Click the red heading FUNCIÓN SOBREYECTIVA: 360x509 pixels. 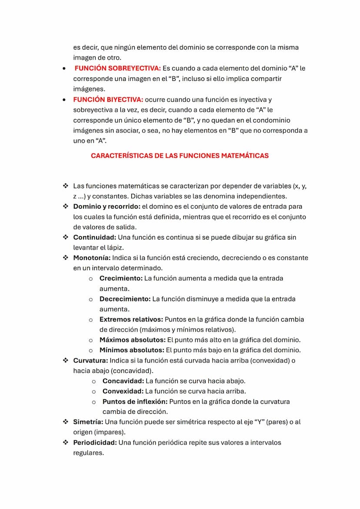[117, 68]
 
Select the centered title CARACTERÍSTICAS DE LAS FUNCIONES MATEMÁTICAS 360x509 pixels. [180, 156]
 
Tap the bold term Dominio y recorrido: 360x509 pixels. [107, 206]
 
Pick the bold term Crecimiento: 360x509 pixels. [121, 278]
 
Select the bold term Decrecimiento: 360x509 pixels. [125, 299]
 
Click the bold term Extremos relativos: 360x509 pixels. [131, 319]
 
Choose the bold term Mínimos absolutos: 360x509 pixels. [132, 350]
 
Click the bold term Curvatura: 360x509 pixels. [90, 360]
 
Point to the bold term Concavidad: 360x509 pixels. [123, 381]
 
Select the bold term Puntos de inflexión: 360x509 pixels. [135, 402]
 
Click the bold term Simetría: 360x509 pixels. [88, 422]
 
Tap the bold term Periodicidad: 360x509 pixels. [95, 442]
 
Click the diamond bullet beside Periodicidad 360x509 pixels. [66, 442]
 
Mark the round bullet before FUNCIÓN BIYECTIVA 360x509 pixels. [64, 100]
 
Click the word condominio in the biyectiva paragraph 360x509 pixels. [269, 120]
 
